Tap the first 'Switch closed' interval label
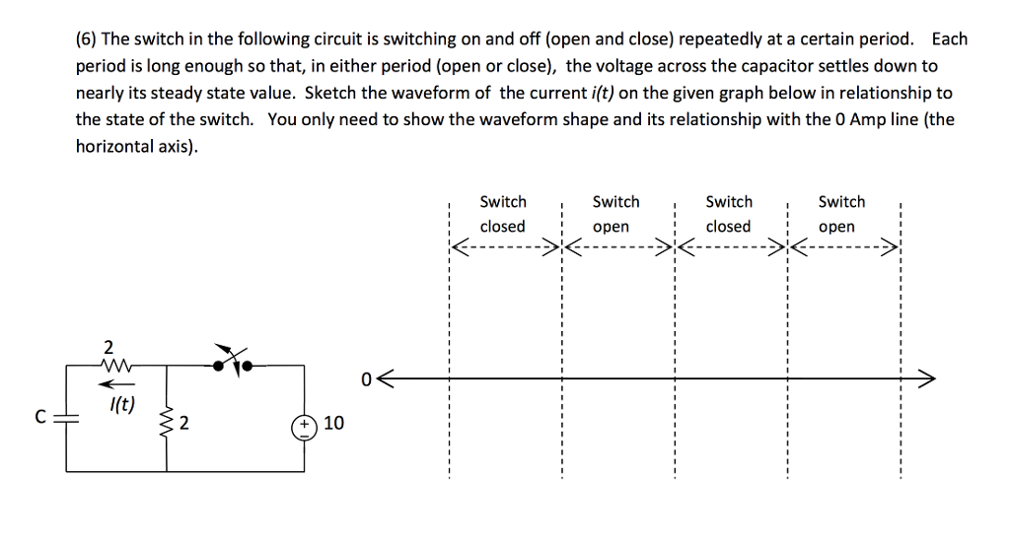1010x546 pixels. point(502,214)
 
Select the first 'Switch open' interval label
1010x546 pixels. point(615,214)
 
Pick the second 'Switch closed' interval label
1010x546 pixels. point(729,214)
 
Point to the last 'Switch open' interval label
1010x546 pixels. point(841,214)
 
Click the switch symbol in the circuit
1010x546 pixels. point(233,361)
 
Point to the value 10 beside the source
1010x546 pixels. point(333,424)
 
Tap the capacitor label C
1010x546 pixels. point(40,417)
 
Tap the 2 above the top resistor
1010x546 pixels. point(108,347)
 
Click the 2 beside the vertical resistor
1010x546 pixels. point(184,425)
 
